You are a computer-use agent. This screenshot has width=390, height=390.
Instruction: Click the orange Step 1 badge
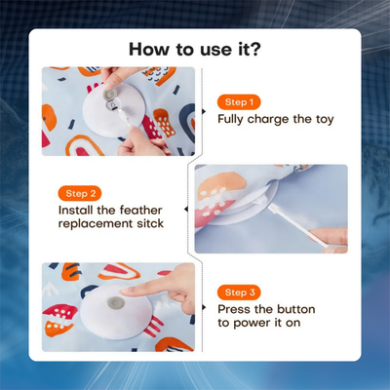coord(239,102)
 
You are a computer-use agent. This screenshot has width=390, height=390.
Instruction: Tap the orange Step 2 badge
coord(80,194)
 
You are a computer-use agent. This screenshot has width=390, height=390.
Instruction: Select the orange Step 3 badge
coord(239,292)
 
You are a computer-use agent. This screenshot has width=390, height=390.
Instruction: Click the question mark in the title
coord(254,49)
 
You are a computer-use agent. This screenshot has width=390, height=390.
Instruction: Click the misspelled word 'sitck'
coord(150,223)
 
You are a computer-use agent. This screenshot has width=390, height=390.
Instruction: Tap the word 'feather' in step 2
coord(140,210)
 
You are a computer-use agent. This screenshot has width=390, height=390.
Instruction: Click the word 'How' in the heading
coord(149,49)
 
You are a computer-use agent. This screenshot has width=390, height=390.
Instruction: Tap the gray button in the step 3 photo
coord(114,303)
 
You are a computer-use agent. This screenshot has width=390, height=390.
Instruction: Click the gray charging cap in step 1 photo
coord(109,95)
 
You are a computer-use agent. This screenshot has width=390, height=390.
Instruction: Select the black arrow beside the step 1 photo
coord(204,111)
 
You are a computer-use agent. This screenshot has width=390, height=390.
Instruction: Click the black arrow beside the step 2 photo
coord(186,210)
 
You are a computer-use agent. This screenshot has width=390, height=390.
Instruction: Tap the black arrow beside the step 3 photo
coord(204,307)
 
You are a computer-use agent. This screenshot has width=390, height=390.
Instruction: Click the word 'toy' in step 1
coord(325,120)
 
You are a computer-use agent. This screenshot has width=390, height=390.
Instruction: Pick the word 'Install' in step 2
coord(75,210)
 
